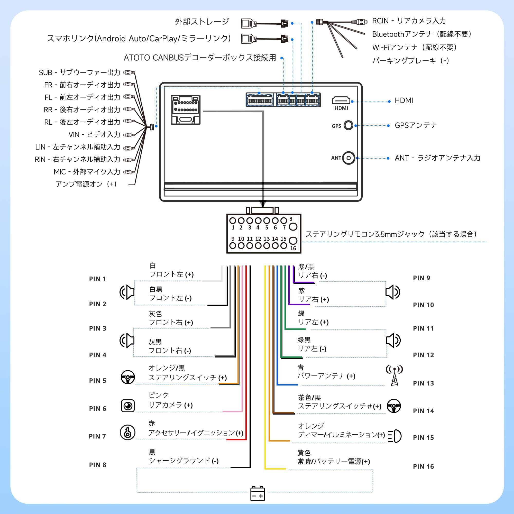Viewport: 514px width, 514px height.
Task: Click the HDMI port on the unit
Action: pos(341,100)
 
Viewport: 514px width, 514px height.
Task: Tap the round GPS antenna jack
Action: pos(348,125)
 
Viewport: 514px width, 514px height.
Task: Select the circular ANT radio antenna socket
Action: pos(348,158)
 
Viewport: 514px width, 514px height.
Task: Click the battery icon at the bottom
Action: pos(258,494)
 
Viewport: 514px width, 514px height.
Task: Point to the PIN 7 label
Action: pos(97,436)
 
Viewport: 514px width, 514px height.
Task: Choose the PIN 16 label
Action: pos(423,466)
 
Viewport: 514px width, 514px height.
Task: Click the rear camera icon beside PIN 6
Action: pos(128,406)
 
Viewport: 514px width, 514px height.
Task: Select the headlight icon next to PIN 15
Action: pos(394,436)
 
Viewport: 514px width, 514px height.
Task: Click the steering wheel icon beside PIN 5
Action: pos(128,377)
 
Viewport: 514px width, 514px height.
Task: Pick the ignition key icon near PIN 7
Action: pos(128,433)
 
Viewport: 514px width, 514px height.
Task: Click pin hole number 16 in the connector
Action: pos(293,241)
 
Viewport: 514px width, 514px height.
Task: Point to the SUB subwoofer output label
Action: pos(79,72)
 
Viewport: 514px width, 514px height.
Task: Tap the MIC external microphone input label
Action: pos(87,172)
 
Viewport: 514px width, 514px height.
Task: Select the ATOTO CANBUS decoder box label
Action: pos(200,58)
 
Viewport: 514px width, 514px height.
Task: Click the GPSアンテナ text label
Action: pos(416,125)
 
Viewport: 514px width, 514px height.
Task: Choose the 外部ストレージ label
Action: pos(202,22)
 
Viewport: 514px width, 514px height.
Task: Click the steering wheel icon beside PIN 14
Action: pos(394,406)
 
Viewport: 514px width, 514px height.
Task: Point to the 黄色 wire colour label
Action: pos(304,453)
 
